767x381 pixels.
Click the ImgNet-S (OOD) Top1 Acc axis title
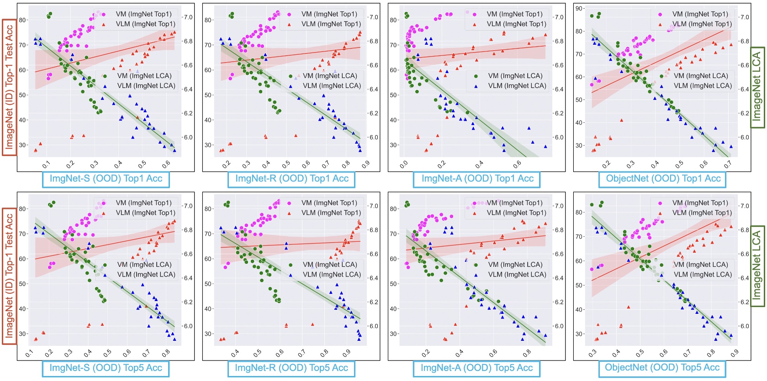[106, 179]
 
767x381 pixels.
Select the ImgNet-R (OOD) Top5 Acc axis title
[291, 368]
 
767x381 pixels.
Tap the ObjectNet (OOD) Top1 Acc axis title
[663, 179]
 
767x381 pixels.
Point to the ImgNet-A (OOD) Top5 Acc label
[477, 368]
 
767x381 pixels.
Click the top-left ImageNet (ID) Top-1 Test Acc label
[9, 87]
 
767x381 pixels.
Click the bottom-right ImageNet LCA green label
[757, 266]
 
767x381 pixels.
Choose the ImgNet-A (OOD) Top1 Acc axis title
[477, 179]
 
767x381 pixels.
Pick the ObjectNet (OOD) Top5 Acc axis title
[662, 368]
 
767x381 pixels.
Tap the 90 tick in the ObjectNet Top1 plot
[579, 9]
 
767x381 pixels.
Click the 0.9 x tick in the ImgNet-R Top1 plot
[365, 165]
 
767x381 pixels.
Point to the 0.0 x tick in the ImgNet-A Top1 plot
[404, 165]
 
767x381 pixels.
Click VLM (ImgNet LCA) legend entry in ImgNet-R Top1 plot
[331, 86]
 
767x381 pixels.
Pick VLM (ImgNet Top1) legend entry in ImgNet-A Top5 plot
[516, 213]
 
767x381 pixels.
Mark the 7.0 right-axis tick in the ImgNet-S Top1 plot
[188, 17]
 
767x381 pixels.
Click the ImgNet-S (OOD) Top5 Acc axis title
[106, 368]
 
